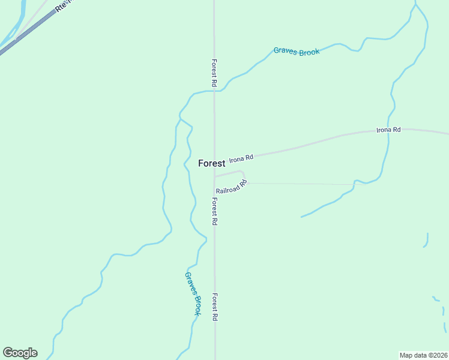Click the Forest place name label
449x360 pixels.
coord(211,163)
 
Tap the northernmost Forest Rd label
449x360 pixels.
coord(214,72)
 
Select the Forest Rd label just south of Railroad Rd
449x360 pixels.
coord(214,211)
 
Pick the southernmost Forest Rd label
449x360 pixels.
coord(214,307)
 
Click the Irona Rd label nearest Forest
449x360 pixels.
coord(241,158)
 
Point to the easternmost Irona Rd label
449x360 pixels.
coord(388,130)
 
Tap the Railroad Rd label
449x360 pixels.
coord(232,187)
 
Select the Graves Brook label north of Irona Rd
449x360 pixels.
coord(297,52)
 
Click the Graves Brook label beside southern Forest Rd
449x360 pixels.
coord(193,293)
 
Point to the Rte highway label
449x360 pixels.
coord(62,7)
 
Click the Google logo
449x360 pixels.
coord(20,353)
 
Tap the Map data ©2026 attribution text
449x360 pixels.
coord(423,355)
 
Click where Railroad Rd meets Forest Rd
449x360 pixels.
coord(214,177)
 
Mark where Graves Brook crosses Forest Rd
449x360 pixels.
coord(214,91)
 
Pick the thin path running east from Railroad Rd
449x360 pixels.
coord(300,184)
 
